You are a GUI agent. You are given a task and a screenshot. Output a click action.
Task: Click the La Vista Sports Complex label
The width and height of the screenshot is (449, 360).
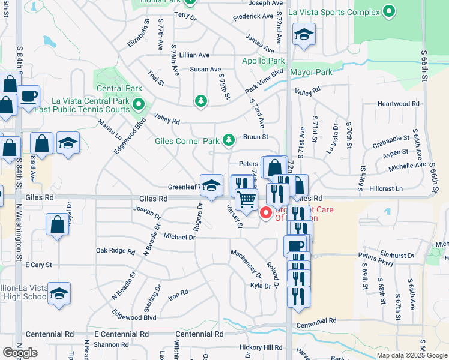click(334, 12)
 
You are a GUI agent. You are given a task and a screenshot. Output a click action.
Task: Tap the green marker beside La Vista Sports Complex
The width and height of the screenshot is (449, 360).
click(389, 11)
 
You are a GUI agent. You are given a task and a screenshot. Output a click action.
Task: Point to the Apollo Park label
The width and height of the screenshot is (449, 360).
click(263, 61)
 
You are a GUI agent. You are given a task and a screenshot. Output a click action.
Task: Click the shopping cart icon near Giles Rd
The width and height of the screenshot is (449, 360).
click(246, 199)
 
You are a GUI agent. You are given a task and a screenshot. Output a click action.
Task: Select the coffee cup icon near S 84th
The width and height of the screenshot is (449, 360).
click(29, 95)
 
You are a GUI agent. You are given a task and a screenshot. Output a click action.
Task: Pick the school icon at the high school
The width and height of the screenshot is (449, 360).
click(59, 293)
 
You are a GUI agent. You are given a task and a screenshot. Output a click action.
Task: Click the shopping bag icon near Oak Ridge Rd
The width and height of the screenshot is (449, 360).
click(57, 224)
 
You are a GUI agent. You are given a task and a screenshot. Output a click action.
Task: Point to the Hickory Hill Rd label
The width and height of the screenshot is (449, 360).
click(261, 347)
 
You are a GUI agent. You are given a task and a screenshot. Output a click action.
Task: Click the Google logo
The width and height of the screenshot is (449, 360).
click(19, 353)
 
